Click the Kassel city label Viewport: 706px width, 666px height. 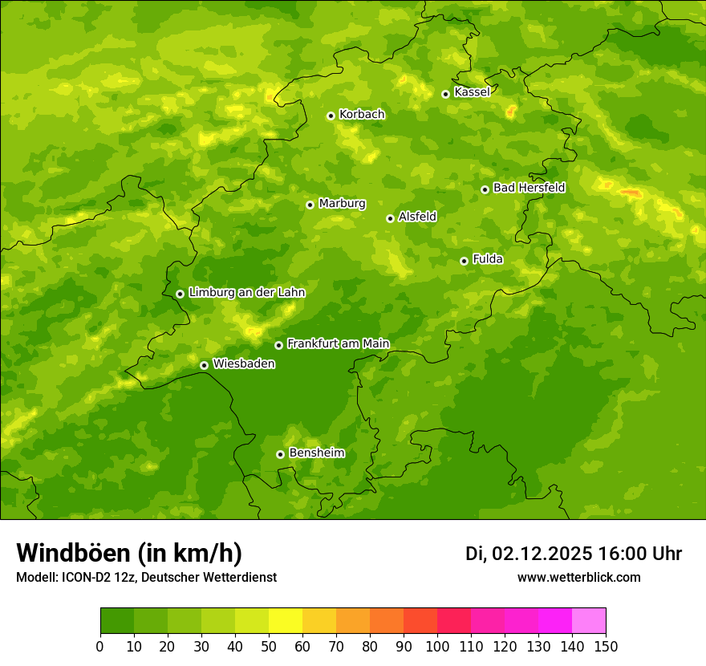point(472,92)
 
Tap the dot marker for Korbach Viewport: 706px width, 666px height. point(331,116)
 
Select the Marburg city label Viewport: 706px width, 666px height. point(342,204)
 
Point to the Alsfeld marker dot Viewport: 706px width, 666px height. point(390,218)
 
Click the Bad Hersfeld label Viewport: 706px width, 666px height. point(529,188)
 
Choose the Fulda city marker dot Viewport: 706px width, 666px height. point(464,261)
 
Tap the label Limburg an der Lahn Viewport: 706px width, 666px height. point(246,293)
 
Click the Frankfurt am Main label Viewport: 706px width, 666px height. point(338,343)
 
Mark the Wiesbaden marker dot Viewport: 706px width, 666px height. point(204,365)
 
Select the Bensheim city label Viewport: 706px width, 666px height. point(316,453)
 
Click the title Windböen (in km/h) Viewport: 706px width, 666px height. point(129,553)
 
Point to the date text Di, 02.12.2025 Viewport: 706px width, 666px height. point(529,554)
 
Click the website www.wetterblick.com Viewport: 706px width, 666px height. point(578,577)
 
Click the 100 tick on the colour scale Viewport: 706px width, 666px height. point(437,646)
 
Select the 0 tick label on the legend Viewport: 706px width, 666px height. point(100,646)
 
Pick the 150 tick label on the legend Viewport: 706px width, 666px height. point(606,646)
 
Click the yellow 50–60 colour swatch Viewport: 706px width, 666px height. point(286,621)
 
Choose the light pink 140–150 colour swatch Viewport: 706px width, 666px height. point(589,621)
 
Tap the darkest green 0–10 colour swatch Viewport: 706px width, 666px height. point(117,621)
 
